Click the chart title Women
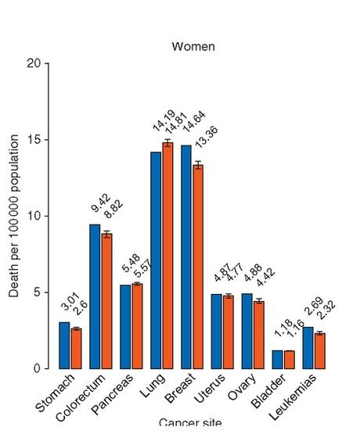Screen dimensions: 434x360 click(193, 47)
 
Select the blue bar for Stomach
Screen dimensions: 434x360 click(64, 345)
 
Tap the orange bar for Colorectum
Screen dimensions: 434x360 click(106, 301)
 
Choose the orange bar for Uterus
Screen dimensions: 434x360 click(229, 332)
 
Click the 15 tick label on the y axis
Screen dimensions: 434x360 click(34, 140)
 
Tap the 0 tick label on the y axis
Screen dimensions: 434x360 click(37, 368)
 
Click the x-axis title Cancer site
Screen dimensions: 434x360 click(190, 424)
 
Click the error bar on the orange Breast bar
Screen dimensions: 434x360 click(198, 165)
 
